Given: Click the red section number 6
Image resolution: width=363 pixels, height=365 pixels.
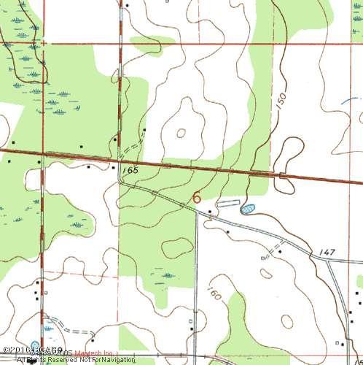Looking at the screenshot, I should [197, 197].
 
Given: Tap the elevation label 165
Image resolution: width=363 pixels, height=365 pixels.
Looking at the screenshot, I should [130, 170].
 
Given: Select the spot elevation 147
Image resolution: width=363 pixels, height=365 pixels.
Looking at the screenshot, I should [327, 251].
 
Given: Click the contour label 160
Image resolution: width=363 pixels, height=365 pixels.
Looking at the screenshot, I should [213, 295].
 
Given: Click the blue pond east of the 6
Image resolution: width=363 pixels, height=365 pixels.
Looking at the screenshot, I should [247, 209].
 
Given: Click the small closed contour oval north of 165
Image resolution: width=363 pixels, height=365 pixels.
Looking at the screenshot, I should [180, 133].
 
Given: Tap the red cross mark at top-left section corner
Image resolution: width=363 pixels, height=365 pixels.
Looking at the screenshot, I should [42, 43].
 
